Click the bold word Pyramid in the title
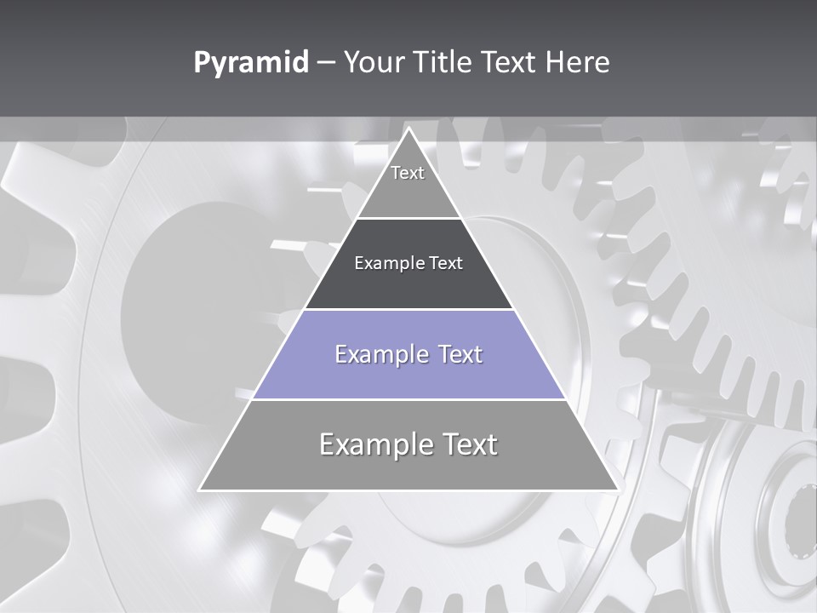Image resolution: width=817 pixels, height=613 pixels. click(x=251, y=63)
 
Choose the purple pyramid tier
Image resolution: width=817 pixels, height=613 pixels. click(x=408, y=375)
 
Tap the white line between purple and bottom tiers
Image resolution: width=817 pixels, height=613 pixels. click(x=408, y=399)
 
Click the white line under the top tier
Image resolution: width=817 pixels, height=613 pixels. click(x=408, y=218)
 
